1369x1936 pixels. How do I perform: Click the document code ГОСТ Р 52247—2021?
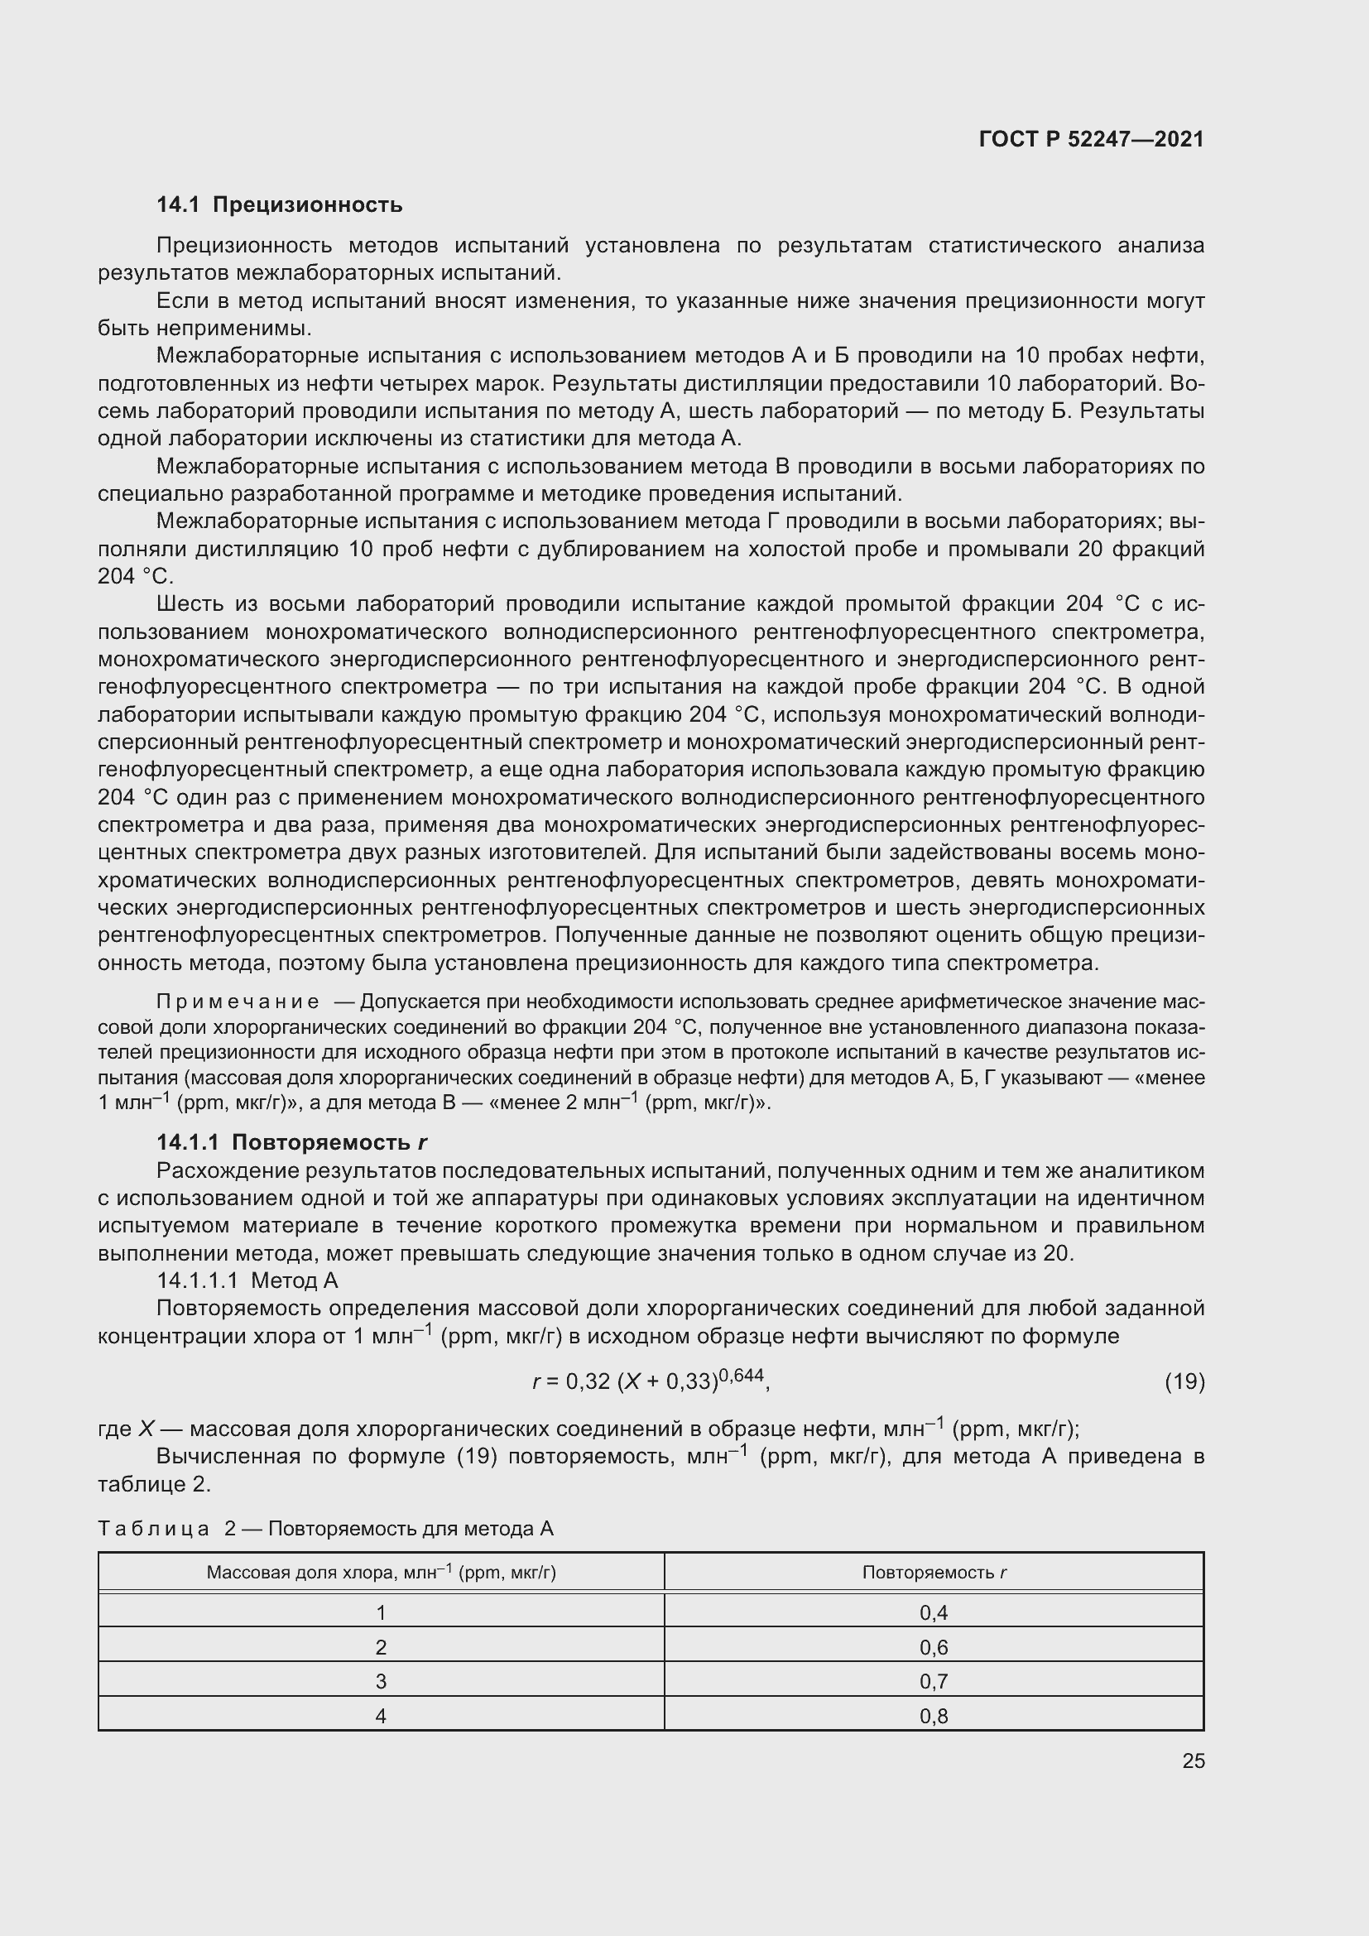pyautogui.click(x=1091, y=139)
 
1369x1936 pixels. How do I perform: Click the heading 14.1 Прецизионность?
pyautogui.click(x=280, y=205)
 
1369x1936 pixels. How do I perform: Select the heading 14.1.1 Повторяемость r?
pyautogui.click(x=291, y=1142)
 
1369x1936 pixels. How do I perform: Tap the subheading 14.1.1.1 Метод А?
pyautogui.click(x=247, y=1280)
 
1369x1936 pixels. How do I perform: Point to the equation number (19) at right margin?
pyautogui.click(x=1184, y=1381)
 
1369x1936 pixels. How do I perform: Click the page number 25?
pyautogui.click(x=1193, y=1761)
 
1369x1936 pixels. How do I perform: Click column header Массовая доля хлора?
pyautogui.click(x=381, y=1573)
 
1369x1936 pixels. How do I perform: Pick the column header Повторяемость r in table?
pyautogui.click(x=934, y=1573)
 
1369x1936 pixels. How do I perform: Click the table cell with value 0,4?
pyautogui.click(x=933, y=1613)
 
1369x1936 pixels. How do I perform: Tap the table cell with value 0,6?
pyautogui.click(x=933, y=1648)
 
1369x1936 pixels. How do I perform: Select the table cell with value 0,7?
pyautogui.click(x=933, y=1682)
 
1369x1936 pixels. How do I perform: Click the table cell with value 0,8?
pyautogui.click(x=933, y=1717)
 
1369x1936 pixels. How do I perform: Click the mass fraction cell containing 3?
pyautogui.click(x=381, y=1682)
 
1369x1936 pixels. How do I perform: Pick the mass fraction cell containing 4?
pyautogui.click(x=381, y=1717)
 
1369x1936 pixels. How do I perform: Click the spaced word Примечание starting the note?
pyautogui.click(x=238, y=1002)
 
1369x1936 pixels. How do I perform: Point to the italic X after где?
pyautogui.click(x=147, y=1429)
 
